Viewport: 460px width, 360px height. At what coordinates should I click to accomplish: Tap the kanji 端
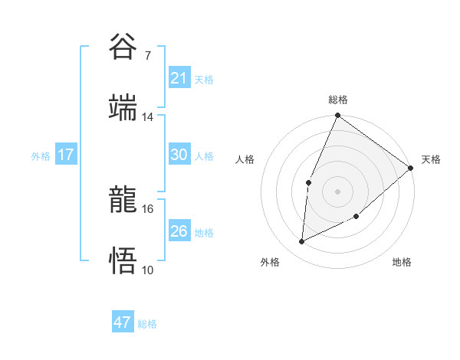click(123, 107)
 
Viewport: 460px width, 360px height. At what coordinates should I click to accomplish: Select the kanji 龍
click(123, 199)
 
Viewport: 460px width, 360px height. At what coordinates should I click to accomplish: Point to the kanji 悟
click(123, 260)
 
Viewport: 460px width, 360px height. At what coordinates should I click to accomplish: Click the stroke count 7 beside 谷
click(147, 55)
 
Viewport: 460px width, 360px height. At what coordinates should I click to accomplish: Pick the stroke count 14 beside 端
click(148, 117)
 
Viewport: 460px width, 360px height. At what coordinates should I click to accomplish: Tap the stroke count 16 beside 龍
click(148, 208)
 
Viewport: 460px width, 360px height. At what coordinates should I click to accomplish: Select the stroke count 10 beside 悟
click(148, 270)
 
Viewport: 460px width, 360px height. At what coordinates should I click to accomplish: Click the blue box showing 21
click(179, 78)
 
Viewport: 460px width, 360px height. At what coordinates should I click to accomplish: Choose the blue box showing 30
click(179, 155)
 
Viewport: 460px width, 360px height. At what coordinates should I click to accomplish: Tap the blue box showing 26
click(179, 231)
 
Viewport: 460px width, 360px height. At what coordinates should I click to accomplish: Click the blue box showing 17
click(65, 155)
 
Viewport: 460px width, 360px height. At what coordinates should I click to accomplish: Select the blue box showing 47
click(122, 322)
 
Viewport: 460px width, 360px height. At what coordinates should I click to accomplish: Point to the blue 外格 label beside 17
click(41, 156)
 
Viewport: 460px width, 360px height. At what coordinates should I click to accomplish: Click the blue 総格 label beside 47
click(147, 324)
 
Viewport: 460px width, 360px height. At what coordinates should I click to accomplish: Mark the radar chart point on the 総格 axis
click(337, 116)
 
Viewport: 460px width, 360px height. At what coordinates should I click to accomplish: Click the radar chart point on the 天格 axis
click(411, 168)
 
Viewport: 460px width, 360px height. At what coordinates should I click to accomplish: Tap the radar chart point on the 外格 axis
click(302, 242)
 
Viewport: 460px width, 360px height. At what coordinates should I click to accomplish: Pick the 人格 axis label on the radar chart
click(246, 160)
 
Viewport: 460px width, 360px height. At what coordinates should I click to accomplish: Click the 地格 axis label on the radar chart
click(402, 262)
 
